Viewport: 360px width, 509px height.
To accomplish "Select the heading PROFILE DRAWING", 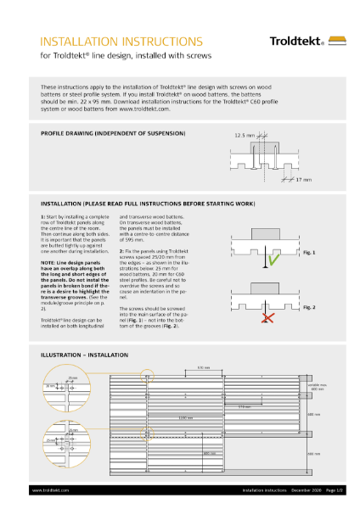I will (113, 134).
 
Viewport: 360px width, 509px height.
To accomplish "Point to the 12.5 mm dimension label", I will (243, 134).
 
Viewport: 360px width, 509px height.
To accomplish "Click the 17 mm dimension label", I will (304, 179).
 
